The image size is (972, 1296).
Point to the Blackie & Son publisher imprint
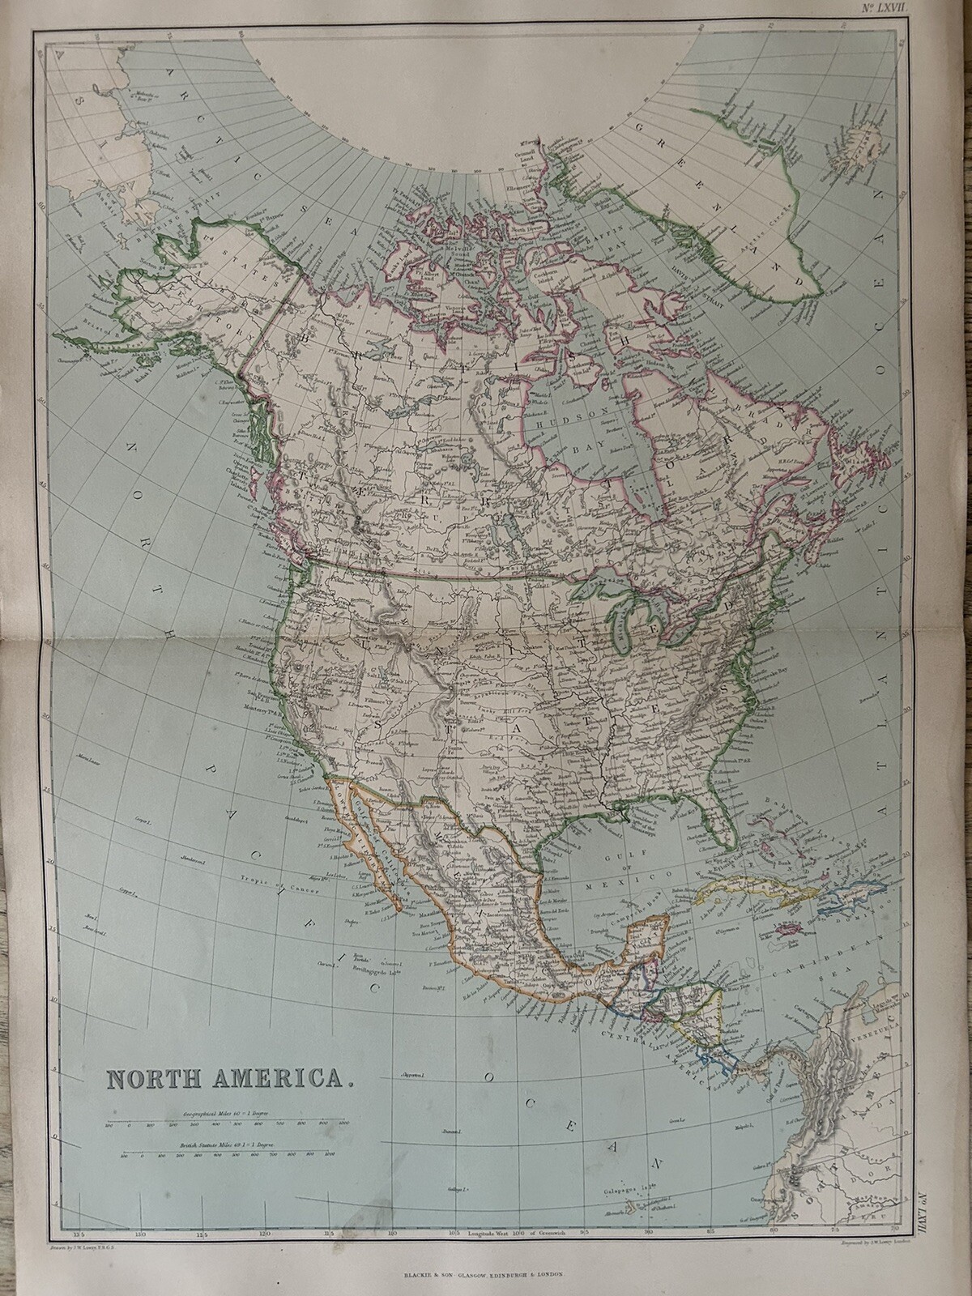(x=486, y=1273)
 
